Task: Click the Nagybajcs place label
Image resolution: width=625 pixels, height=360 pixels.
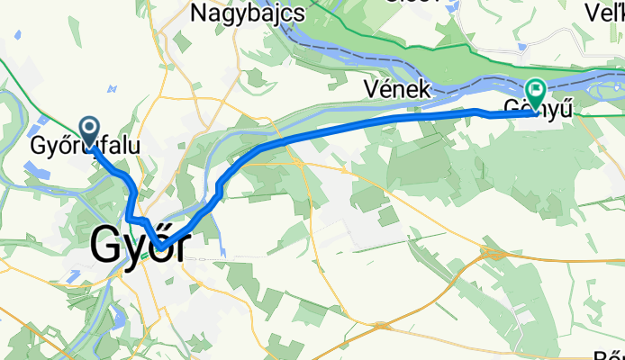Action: click(248, 13)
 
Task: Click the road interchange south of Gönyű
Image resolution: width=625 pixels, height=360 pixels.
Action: click(490, 253)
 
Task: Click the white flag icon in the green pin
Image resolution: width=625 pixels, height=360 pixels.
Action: click(537, 89)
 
